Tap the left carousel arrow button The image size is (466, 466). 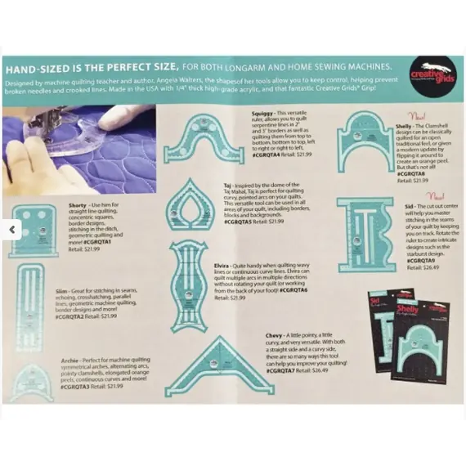[x=11, y=231]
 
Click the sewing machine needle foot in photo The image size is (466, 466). [x=33, y=123]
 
